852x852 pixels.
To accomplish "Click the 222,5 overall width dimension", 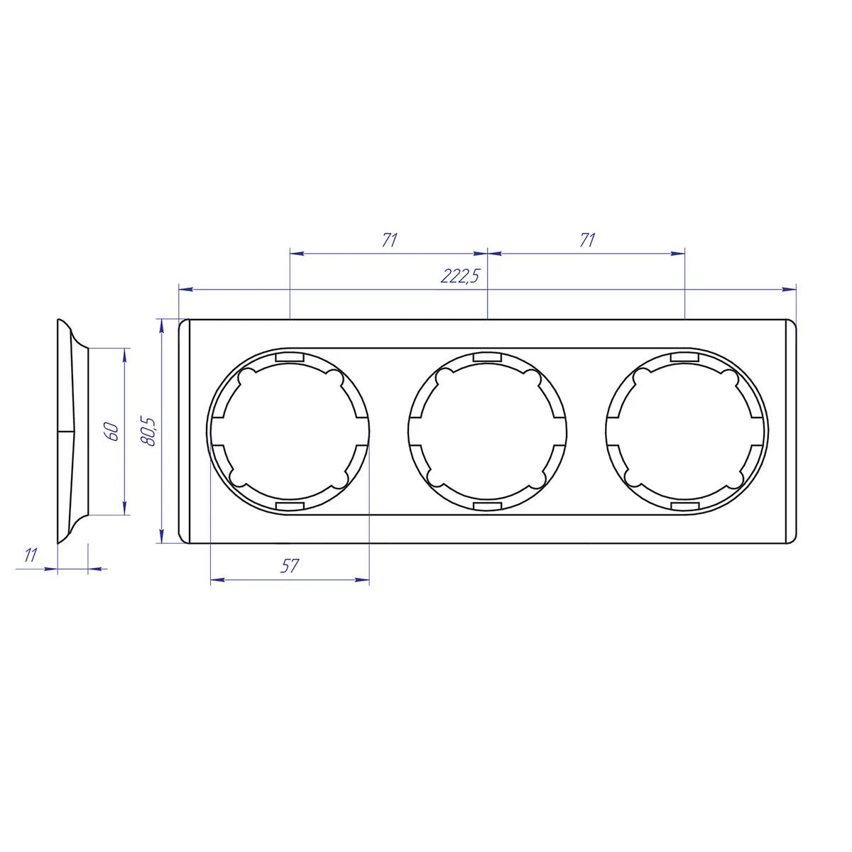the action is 460,275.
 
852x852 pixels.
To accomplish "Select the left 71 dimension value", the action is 390,240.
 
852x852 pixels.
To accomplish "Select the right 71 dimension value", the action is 587,240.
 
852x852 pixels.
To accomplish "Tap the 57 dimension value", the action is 290,565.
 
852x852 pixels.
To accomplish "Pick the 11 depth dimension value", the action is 30,555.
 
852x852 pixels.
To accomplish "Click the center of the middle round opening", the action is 487,431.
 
